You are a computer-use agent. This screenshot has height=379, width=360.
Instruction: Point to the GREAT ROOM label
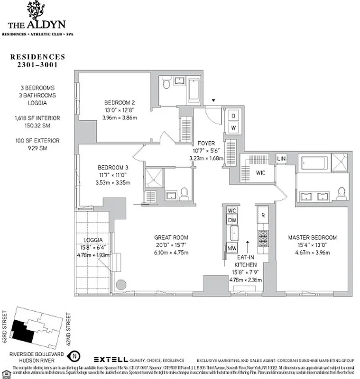click(x=171, y=237)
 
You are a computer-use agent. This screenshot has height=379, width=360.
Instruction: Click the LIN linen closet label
click(x=281, y=158)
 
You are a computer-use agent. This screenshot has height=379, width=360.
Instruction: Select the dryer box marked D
click(x=233, y=115)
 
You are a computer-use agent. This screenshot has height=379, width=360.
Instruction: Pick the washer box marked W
click(x=233, y=128)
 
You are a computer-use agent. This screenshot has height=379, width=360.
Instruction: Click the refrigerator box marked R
click(x=263, y=215)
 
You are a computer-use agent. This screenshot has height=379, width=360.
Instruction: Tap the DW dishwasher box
click(x=232, y=220)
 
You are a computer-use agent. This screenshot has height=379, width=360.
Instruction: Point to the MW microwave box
click(x=232, y=248)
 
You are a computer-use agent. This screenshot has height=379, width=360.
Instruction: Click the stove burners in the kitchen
click(x=263, y=238)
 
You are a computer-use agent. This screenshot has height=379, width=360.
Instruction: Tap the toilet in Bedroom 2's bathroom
click(x=166, y=84)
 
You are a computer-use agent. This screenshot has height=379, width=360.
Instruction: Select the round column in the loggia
click(x=121, y=285)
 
